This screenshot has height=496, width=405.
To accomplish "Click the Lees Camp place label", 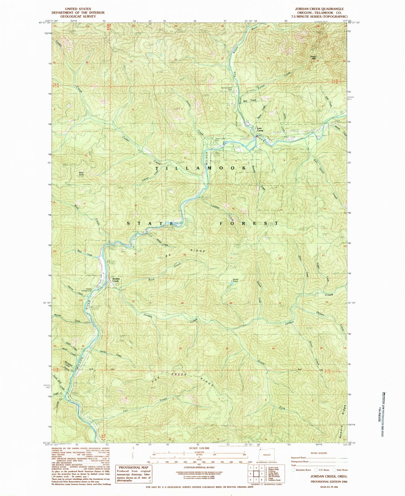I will click(260, 129).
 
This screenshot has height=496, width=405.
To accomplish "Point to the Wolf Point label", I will click(81, 174).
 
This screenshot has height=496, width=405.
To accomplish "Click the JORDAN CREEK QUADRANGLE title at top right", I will click(319, 9).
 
